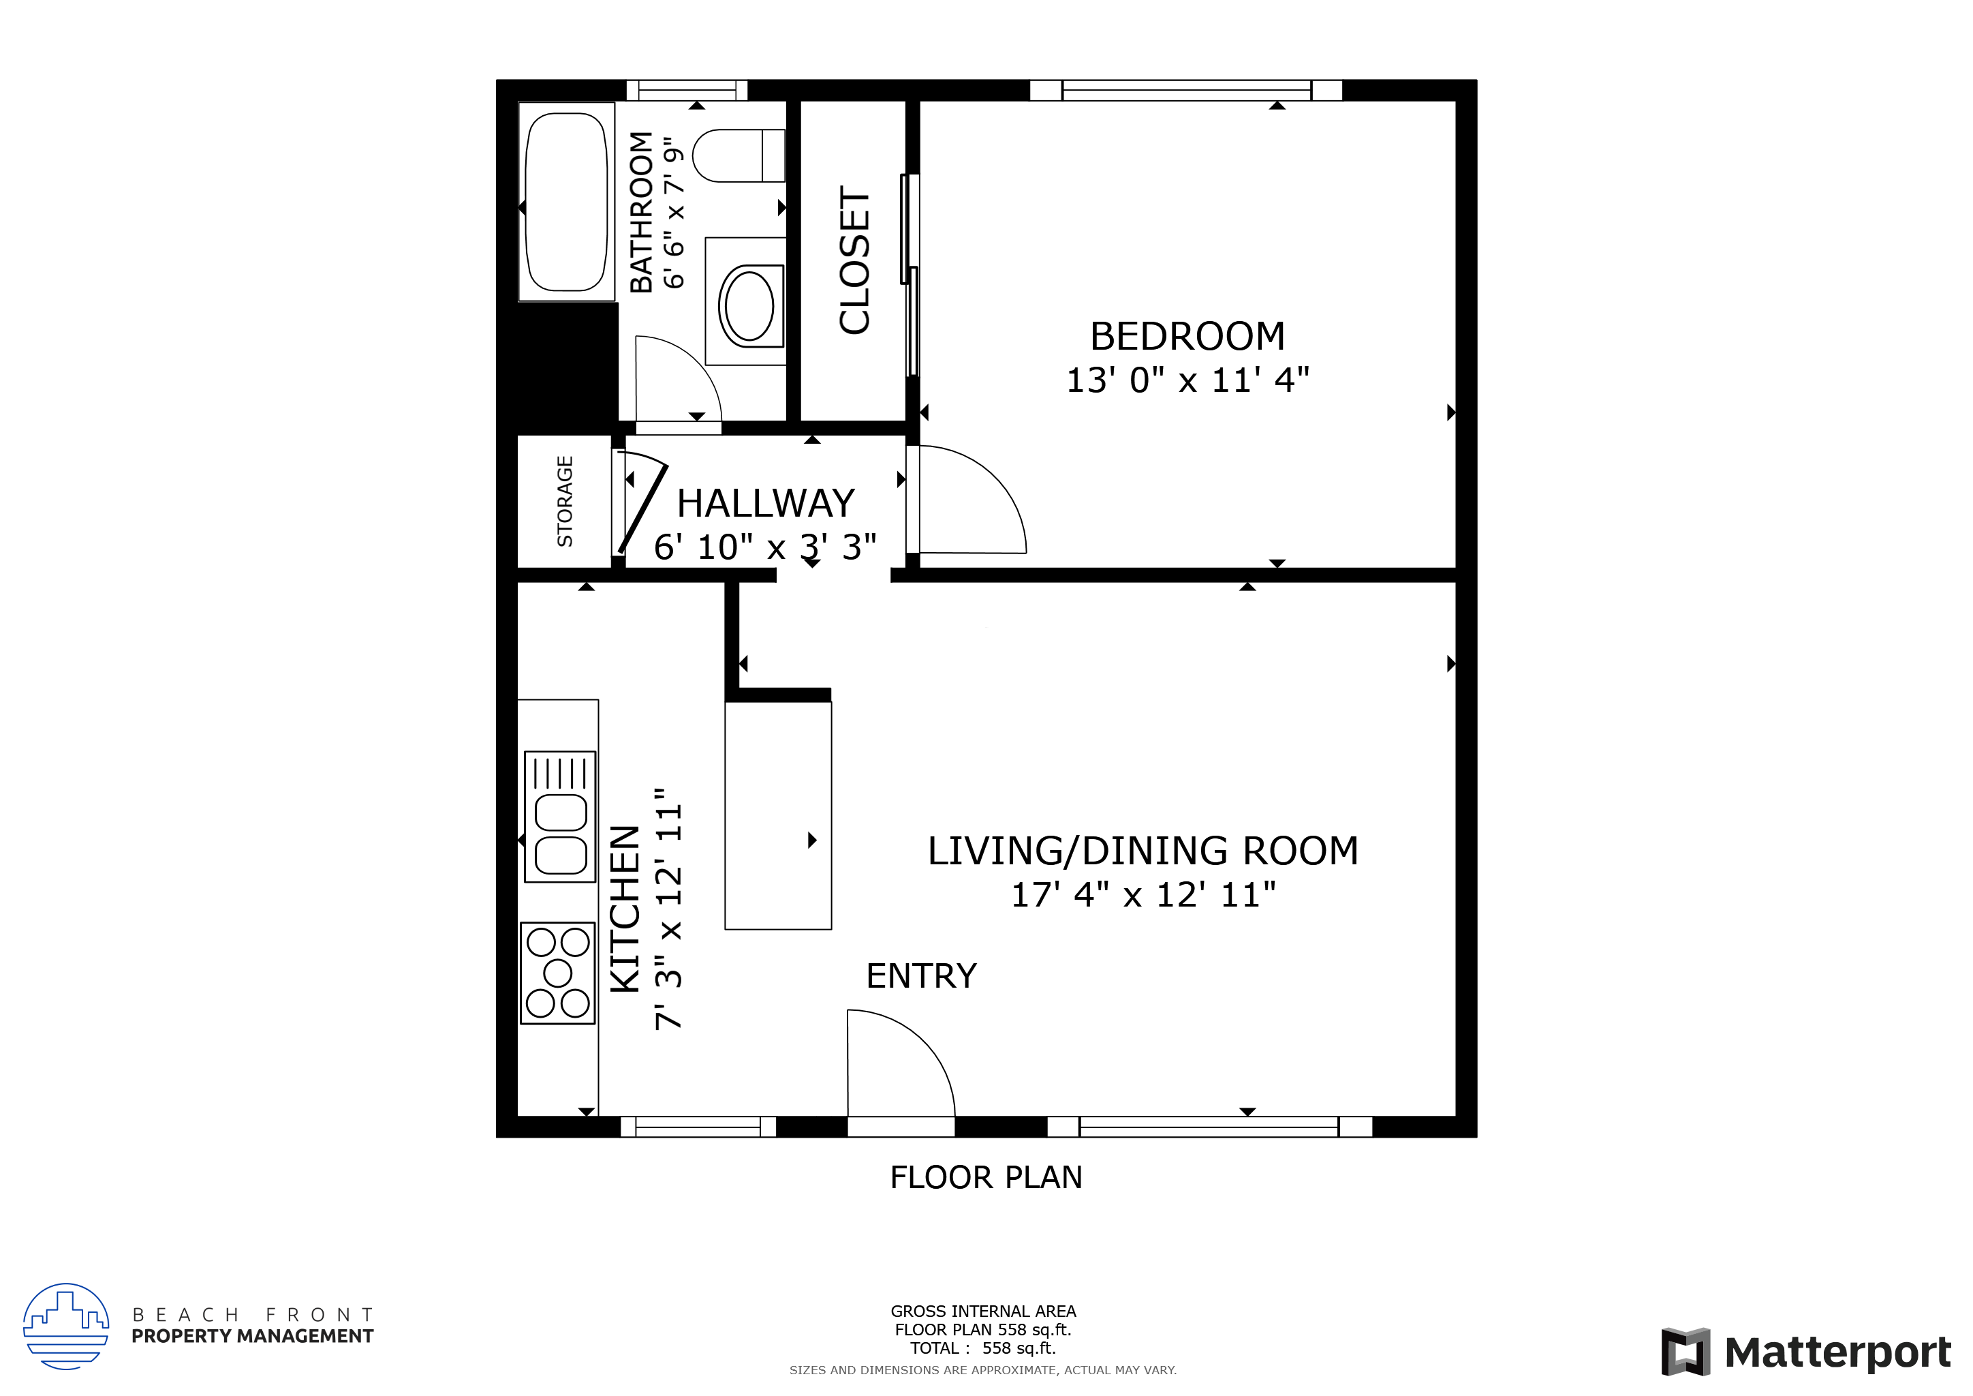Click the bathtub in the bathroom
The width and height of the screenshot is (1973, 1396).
[x=565, y=202]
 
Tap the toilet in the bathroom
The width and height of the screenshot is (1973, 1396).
[x=737, y=155]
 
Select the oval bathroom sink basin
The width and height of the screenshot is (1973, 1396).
[x=749, y=306]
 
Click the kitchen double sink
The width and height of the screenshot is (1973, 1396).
[x=560, y=817]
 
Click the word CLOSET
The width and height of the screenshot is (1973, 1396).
[x=855, y=260]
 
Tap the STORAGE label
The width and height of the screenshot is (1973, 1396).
[x=565, y=501]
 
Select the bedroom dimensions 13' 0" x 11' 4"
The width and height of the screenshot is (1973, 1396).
[x=1187, y=380]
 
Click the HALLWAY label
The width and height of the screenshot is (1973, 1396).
[x=766, y=503]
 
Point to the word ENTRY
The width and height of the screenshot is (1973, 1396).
[x=921, y=975]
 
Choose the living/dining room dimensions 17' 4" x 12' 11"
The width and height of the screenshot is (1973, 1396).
[x=1143, y=894]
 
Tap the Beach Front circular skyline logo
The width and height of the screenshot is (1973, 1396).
[x=66, y=1326]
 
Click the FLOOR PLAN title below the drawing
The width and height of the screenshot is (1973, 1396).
[x=986, y=1177]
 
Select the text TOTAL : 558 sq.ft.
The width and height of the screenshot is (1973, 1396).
[x=983, y=1348]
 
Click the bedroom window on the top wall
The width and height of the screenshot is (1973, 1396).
[x=1186, y=90]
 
